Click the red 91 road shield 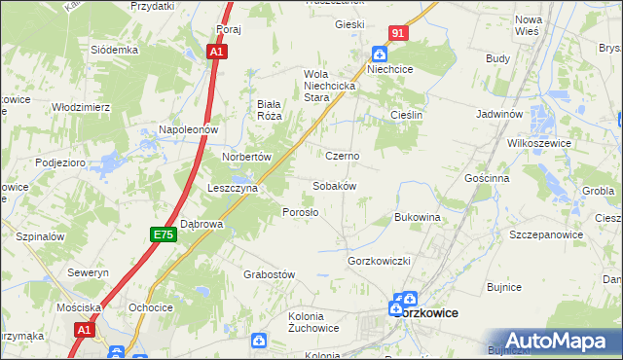point(397,33)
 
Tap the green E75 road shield point(163,234)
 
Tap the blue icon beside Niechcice point(379,54)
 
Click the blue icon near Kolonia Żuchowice point(258,340)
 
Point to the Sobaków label point(334,186)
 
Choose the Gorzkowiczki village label point(381,262)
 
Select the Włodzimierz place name point(82,106)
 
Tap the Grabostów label point(269,275)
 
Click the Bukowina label point(418,217)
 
